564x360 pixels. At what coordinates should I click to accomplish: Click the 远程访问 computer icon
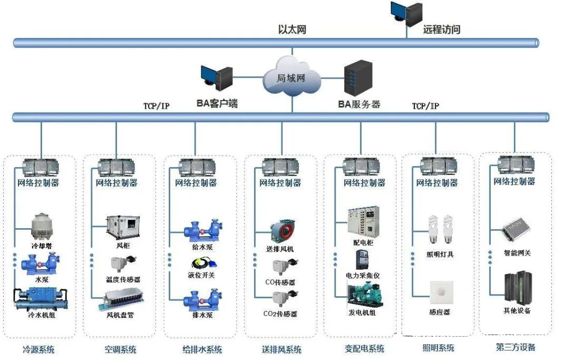click(406, 14)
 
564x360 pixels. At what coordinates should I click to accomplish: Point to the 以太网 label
click(292, 30)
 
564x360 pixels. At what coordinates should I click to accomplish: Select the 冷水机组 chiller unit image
click(40, 299)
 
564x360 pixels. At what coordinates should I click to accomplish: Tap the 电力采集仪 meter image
click(362, 260)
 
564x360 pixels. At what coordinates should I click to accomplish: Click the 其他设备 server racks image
click(517, 287)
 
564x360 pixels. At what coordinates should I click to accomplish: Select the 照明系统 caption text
click(438, 348)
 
